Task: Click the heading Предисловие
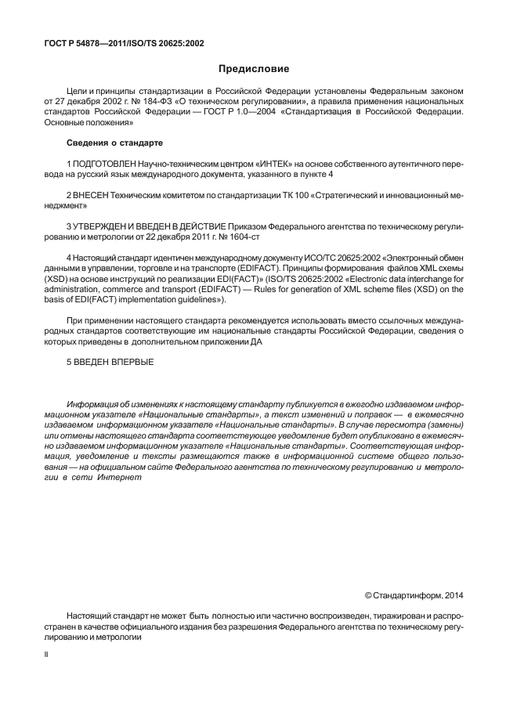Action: pos(253,69)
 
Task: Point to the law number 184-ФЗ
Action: pos(157,102)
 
